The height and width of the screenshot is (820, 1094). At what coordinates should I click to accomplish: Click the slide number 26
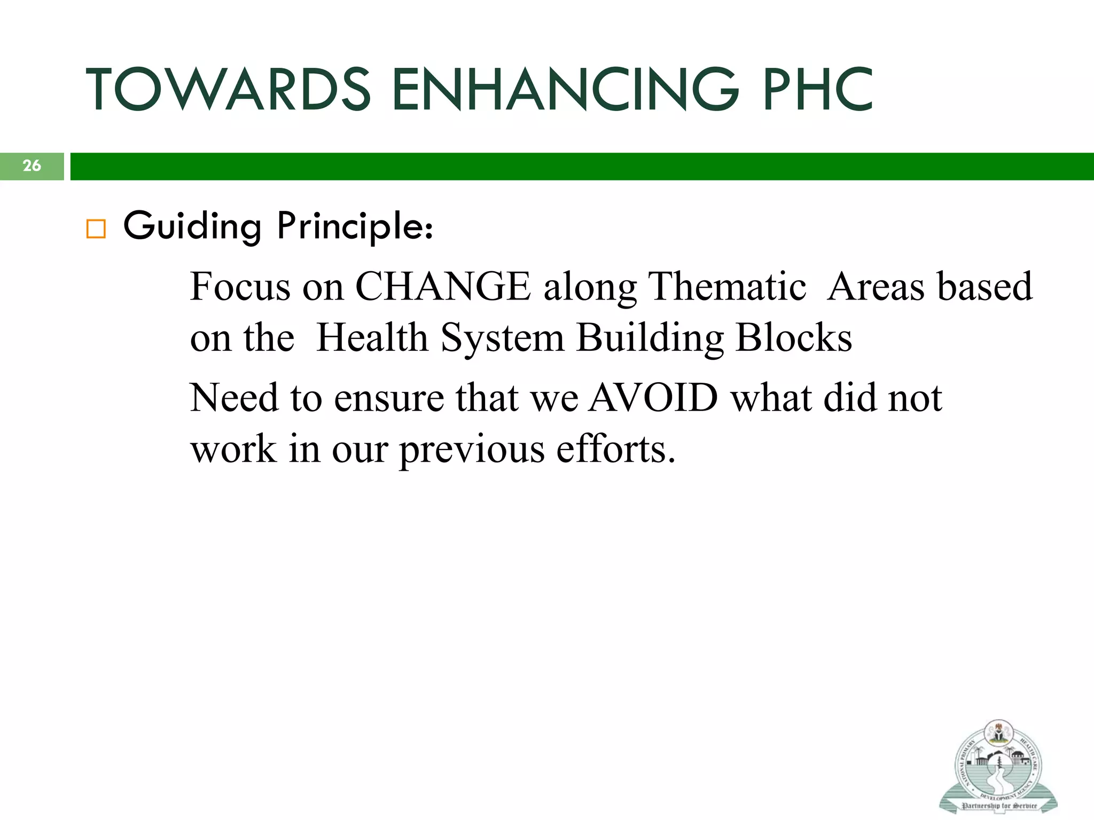pyautogui.click(x=32, y=166)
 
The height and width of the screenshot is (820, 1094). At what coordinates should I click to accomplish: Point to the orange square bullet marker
pyautogui.click(x=96, y=228)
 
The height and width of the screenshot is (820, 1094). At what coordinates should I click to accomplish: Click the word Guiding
pyautogui.click(x=192, y=226)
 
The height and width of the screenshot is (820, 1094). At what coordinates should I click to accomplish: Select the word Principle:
pyautogui.click(x=355, y=226)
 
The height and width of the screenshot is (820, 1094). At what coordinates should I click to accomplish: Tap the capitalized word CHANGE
pyautogui.click(x=443, y=287)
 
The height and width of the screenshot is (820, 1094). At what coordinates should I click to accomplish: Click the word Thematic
pyautogui.click(x=726, y=287)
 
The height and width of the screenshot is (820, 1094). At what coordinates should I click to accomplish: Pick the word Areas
pyautogui.click(x=876, y=287)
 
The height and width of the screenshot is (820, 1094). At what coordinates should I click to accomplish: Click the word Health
pyautogui.click(x=372, y=338)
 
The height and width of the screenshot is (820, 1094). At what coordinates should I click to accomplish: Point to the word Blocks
pyautogui.click(x=794, y=338)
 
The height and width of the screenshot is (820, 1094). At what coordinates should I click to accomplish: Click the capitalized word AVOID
pyautogui.click(x=653, y=398)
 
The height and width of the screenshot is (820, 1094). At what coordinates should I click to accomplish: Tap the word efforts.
pyautogui.click(x=615, y=449)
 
